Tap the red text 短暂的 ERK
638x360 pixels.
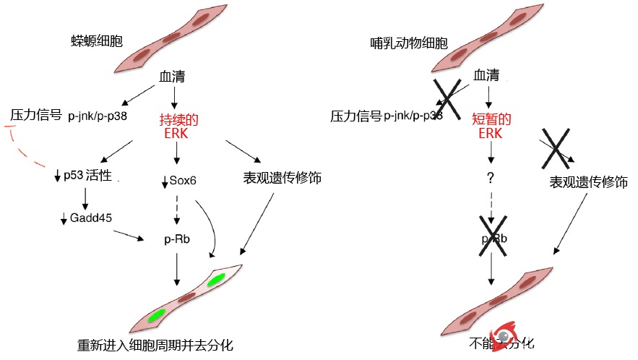tap(491, 127)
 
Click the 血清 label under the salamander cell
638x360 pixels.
tap(173, 75)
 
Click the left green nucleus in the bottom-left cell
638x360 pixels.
tap(157, 315)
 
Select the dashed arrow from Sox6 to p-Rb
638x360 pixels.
tap(177, 209)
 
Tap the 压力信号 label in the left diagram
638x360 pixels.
tap(35, 115)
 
